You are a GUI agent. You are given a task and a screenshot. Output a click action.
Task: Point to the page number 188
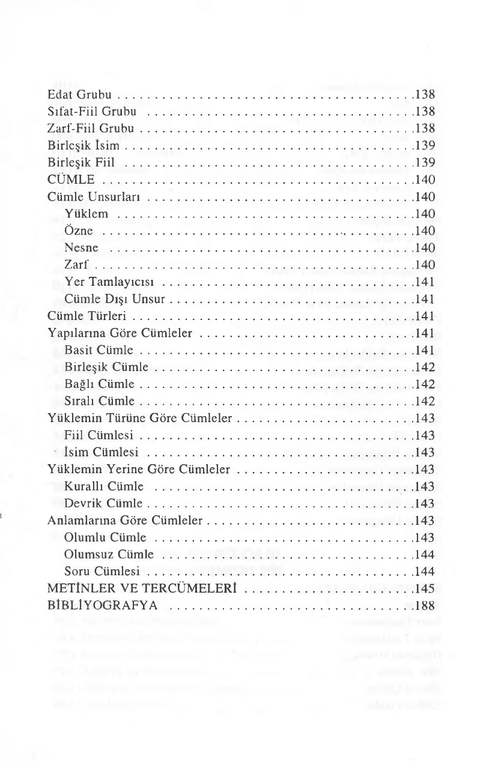point(425,605)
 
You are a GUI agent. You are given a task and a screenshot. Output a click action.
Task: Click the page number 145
point(425,588)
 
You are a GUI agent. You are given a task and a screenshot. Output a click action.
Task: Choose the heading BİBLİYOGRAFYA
point(103,605)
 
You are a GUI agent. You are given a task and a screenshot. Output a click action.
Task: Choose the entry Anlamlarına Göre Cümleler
point(126,519)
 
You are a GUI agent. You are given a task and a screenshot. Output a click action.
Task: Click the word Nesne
point(81,247)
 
